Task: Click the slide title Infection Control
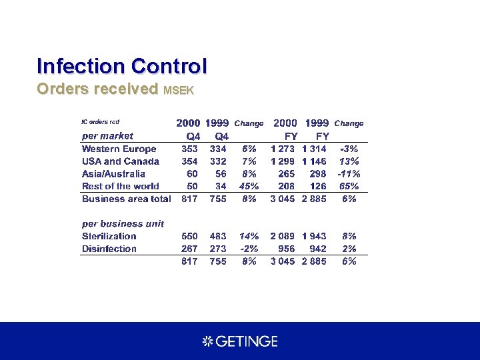(122, 67)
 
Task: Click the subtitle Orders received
(97, 89)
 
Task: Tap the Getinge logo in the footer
(240, 341)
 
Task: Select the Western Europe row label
(119, 149)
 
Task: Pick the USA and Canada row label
(121, 161)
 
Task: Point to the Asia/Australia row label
(113, 174)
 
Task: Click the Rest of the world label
(121, 187)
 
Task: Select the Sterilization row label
(109, 236)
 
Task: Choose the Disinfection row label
(109, 249)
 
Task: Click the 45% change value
(249, 187)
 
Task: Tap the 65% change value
(348, 187)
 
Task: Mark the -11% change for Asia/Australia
(348, 174)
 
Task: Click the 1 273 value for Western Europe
(283, 149)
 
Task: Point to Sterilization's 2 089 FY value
(283, 236)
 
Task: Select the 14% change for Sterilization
(249, 236)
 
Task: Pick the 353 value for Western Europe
(189, 149)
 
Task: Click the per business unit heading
(123, 223)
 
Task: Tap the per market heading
(107, 136)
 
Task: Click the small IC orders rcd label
(100, 122)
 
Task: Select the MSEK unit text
(178, 91)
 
